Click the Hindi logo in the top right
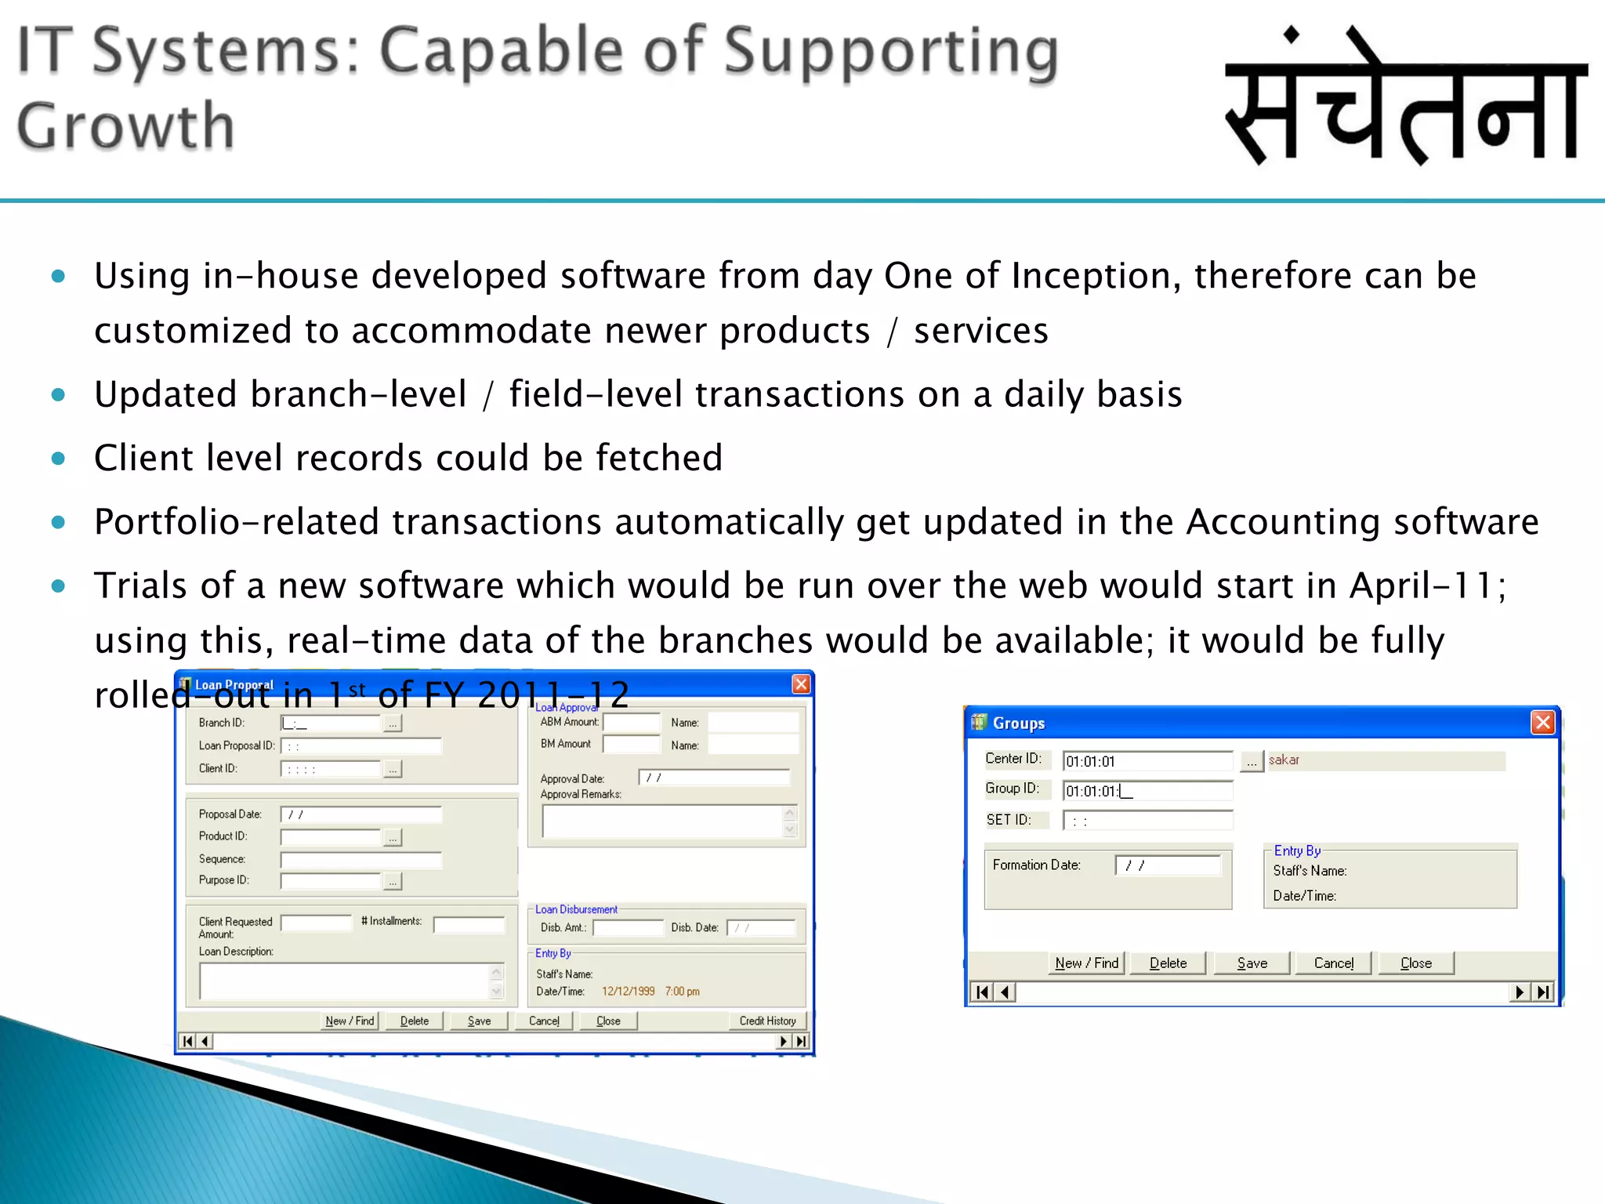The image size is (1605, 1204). click(x=1406, y=98)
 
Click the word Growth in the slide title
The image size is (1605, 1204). click(x=125, y=126)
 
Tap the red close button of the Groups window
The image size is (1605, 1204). click(x=1542, y=722)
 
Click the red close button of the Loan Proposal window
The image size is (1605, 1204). click(x=801, y=684)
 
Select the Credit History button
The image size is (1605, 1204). click(x=767, y=1021)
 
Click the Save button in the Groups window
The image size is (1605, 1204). click(x=1252, y=963)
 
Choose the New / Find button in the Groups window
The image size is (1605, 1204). click(x=1087, y=963)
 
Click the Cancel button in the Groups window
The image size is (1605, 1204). click(x=1333, y=963)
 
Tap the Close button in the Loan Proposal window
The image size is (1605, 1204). click(x=608, y=1021)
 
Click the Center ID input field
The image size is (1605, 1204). click(x=1147, y=761)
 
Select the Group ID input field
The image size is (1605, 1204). click(x=1147, y=791)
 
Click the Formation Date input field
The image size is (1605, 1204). click(x=1168, y=865)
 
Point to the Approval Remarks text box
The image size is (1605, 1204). click(x=662, y=821)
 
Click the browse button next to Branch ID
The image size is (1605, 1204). click(x=393, y=723)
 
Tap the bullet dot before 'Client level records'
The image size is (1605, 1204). click(x=58, y=458)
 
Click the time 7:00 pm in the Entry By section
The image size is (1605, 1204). click(x=682, y=992)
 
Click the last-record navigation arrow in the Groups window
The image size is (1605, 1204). click(x=1543, y=992)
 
